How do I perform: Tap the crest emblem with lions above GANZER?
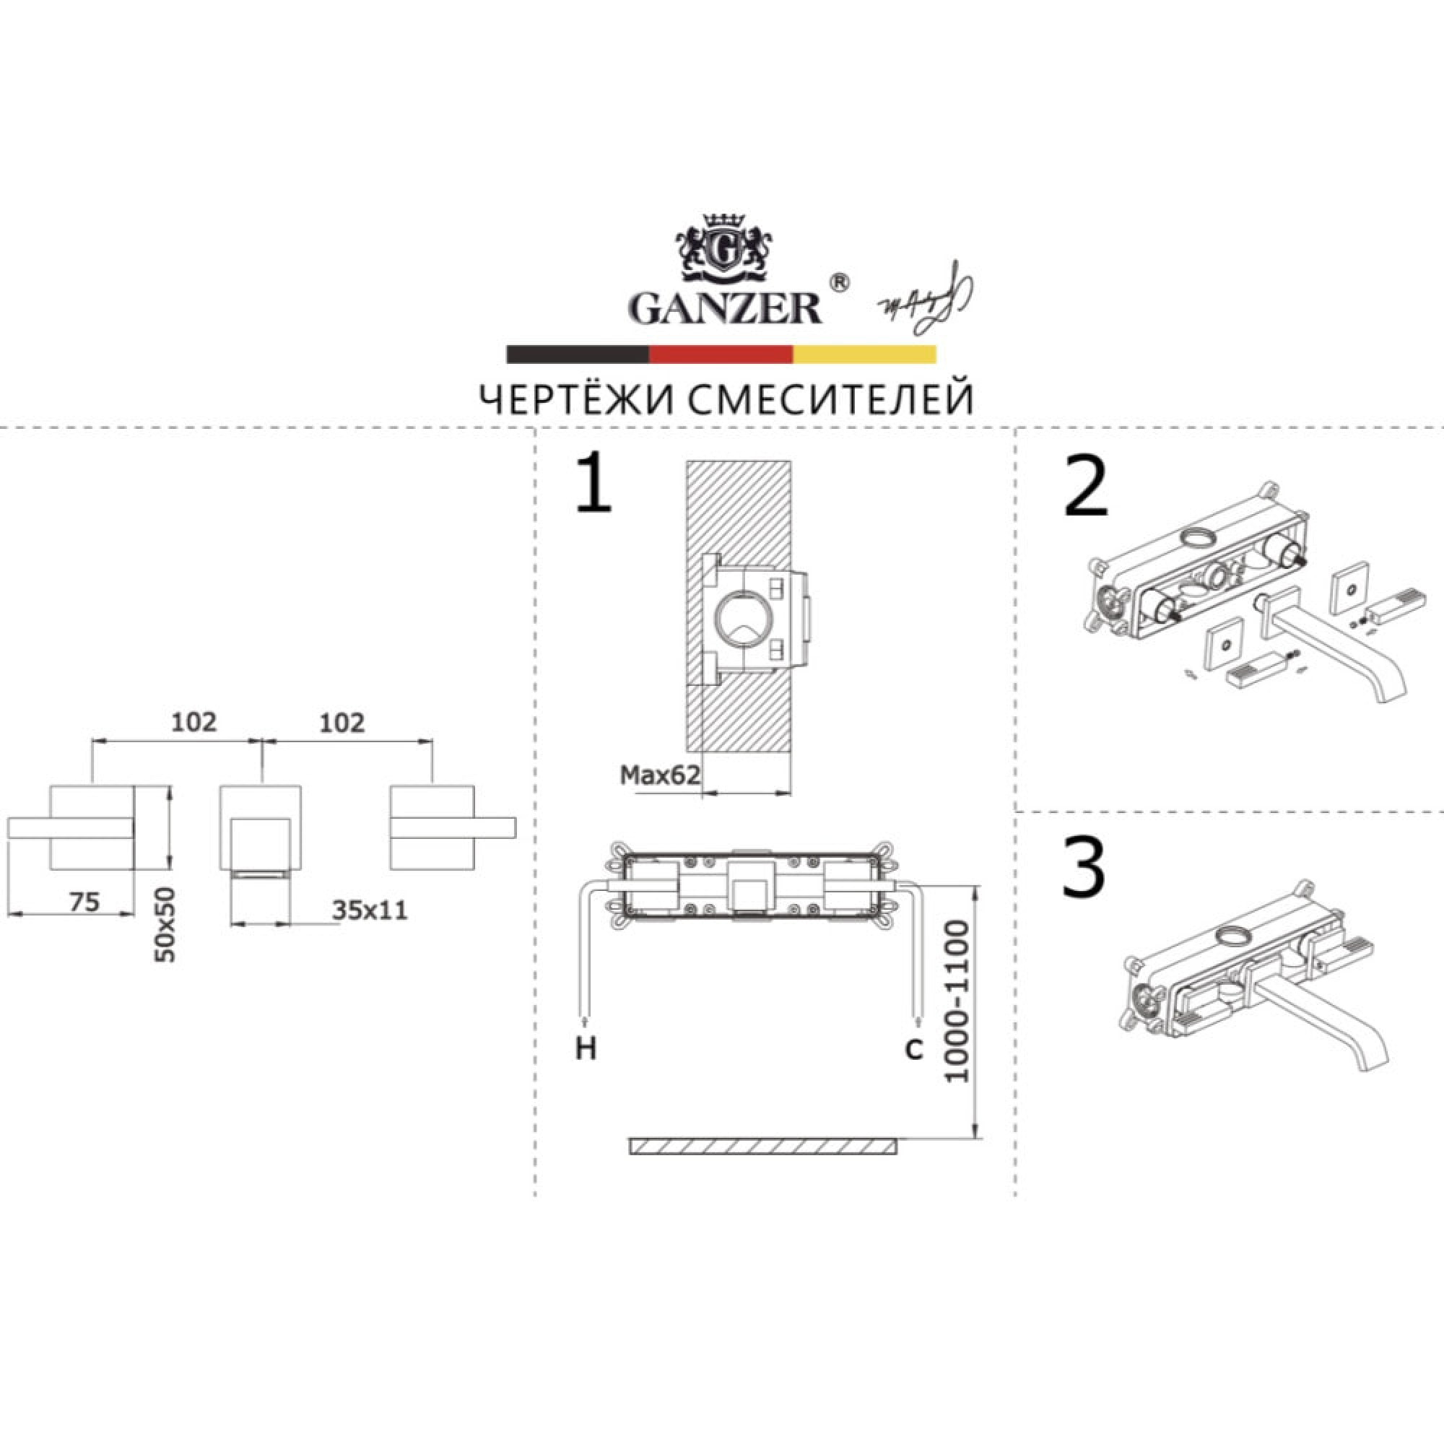pyautogui.click(x=723, y=248)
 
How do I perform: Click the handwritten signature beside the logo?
pyautogui.click(x=928, y=297)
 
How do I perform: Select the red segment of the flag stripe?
pyautogui.click(x=721, y=355)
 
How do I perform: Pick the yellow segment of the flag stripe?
pyautogui.click(x=864, y=355)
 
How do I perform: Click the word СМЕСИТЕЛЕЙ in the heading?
pyautogui.click(x=830, y=400)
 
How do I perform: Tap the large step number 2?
pyautogui.click(x=1085, y=487)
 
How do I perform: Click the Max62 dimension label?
pyautogui.click(x=660, y=775)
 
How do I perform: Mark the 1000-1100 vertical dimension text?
pyautogui.click(x=957, y=1001)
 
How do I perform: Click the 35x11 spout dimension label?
pyautogui.click(x=370, y=910)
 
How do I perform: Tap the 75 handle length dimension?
pyautogui.click(x=84, y=902)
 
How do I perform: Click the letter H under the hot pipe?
pyautogui.click(x=586, y=1050)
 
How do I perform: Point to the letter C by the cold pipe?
pyautogui.click(x=914, y=1049)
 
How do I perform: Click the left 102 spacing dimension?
pyautogui.click(x=194, y=722)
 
